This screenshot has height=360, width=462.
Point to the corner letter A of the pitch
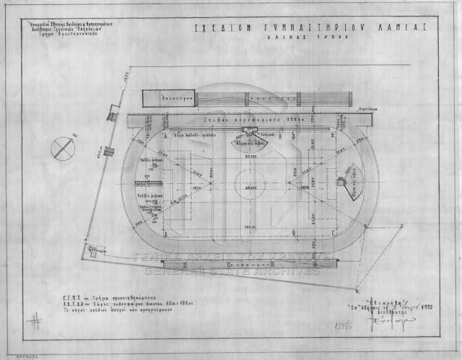pyautogui.click(x=166, y=136)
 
